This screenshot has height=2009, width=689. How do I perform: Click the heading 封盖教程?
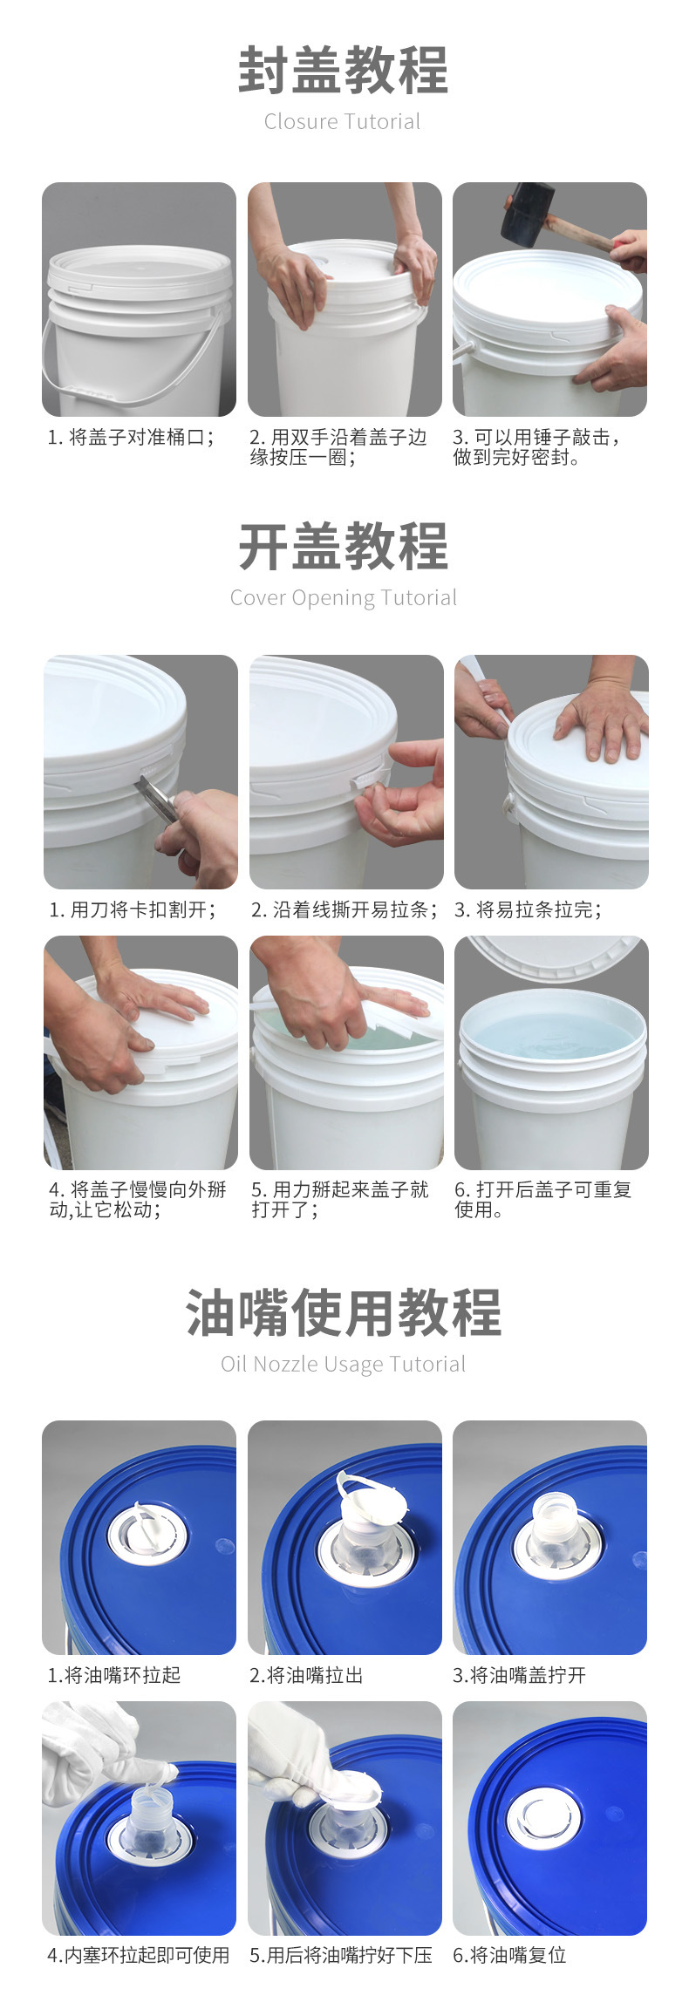(344, 71)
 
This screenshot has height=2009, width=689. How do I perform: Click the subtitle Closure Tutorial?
(343, 122)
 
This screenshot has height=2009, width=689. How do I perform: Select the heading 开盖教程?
(344, 547)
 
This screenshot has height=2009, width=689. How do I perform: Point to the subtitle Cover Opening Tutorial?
(344, 598)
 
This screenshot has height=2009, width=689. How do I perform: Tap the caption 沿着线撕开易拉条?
(354, 910)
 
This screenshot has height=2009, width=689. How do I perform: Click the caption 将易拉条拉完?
(538, 910)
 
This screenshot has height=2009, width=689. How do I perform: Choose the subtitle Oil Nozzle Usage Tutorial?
(344, 1365)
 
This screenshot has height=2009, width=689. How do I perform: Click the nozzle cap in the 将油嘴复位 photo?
(544, 1819)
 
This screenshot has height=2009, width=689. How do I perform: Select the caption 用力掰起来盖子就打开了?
(341, 1200)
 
